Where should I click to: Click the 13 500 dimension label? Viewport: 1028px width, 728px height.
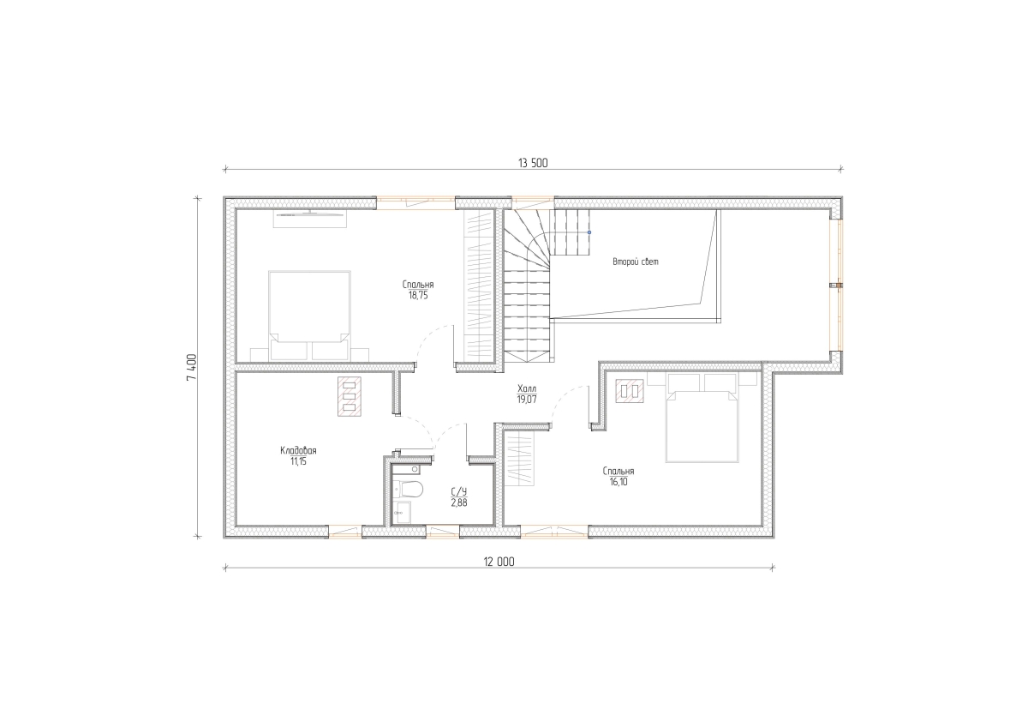click(533, 163)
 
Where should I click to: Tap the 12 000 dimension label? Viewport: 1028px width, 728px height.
click(499, 562)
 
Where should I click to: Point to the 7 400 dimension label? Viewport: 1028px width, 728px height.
click(192, 366)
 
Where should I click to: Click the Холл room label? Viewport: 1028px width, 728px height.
click(526, 388)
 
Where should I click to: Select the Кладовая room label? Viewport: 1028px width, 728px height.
click(298, 450)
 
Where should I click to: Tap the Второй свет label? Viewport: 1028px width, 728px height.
click(636, 262)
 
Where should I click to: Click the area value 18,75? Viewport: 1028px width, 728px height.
click(418, 295)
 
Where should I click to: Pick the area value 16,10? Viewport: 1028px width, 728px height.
click(619, 482)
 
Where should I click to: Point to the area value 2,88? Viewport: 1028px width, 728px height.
click(459, 502)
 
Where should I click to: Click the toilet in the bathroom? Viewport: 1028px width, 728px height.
click(409, 489)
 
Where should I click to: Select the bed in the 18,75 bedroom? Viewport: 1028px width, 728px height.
click(309, 316)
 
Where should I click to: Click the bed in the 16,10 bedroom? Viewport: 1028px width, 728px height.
click(702, 418)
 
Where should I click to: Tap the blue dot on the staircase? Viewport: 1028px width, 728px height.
click(589, 232)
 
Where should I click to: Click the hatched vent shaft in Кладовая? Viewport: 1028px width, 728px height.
click(350, 396)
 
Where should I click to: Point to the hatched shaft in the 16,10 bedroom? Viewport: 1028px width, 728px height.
click(630, 391)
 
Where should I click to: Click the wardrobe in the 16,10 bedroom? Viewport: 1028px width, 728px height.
click(519, 458)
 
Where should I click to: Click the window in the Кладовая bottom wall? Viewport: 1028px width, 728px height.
click(345, 532)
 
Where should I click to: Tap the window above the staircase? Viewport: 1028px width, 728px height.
click(533, 203)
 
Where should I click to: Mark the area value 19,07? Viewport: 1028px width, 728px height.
click(526, 400)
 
